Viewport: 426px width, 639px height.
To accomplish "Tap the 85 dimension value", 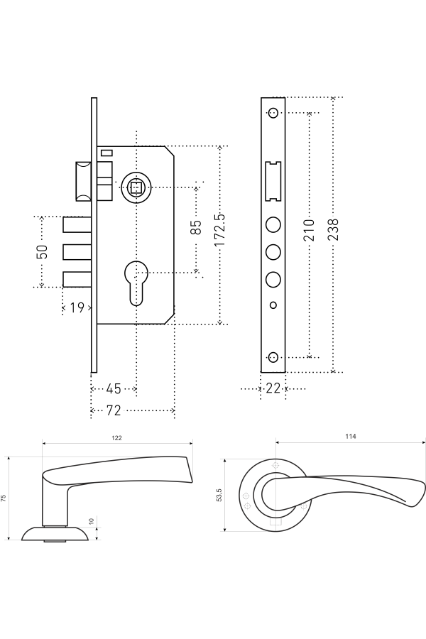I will click(x=197, y=228).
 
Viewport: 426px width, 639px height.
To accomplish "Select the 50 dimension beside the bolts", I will click(x=42, y=251).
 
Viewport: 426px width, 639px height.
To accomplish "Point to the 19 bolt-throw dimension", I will click(x=77, y=307).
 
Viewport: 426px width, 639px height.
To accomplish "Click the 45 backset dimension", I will click(x=113, y=389).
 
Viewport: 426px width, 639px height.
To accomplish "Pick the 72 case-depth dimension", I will click(x=113, y=410).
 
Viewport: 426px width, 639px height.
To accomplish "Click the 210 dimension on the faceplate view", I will click(x=310, y=230).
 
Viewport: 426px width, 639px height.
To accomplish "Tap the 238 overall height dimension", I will click(x=333, y=230).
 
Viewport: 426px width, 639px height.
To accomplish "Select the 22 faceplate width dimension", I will click(x=273, y=388).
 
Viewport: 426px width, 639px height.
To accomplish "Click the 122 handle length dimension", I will click(x=116, y=438).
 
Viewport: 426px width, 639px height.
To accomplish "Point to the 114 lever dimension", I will click(x=350, y=436).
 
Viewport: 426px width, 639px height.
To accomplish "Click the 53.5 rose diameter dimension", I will click(x=219, y=495).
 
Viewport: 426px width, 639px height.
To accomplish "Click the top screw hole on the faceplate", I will click(x=273, y=112).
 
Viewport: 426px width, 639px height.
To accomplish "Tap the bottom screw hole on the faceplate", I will click(x=273, y=356).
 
